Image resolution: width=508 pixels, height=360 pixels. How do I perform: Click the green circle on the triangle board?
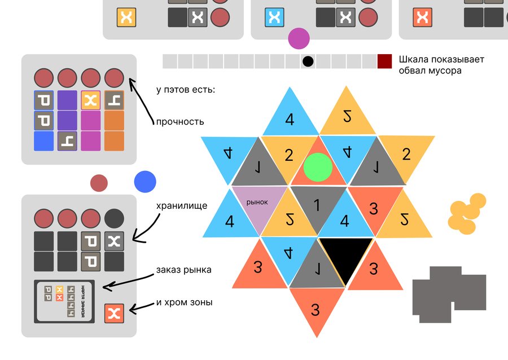pyautogui.click(x=318, y=167)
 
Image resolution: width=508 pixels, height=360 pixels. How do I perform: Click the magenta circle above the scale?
pyautogui.click(x=299, y=39)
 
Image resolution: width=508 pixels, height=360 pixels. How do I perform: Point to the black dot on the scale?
pyautogui.click(x=308, y=61)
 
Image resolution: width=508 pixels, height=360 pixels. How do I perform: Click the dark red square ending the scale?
pyautogui.click(x=384, y=61)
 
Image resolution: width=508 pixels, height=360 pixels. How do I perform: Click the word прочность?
pyautogui.click(x=180, y=121)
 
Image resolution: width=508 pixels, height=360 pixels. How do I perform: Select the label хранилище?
pyautogui.click(x=182, y=206)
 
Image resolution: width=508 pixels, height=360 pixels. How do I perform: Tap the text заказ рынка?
pyautogui.click(x=183, y=270)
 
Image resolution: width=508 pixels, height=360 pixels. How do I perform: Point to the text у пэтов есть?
pyautogui.click(x=186, y=90)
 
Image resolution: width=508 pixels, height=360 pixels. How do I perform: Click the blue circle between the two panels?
pyautogui.click(x=145, y=182)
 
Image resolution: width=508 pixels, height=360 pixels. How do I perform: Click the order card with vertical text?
pyautogui.click(x=64, y=302)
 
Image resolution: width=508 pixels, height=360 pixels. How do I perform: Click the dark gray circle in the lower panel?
pyautogui.click(x=114, y=218)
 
